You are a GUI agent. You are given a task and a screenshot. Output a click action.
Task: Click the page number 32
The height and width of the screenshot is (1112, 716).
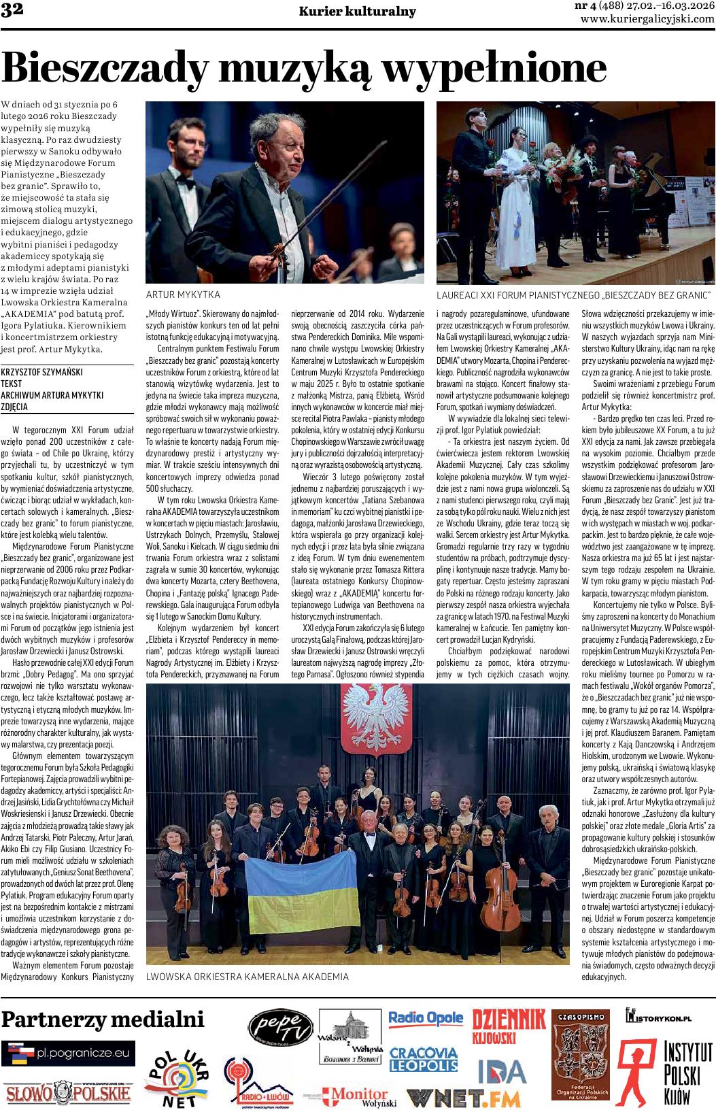(x=12, y=9)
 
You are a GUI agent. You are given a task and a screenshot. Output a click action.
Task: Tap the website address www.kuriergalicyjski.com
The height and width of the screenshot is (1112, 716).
(x=647, y=20)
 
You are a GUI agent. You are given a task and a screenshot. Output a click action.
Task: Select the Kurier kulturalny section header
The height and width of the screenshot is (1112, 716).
(x=357, y=12)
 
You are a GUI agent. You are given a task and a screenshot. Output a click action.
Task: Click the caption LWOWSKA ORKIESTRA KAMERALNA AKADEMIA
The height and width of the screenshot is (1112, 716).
(x=248, y=977)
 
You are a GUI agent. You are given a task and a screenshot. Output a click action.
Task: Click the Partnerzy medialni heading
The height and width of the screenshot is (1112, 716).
(x=103, y=1020)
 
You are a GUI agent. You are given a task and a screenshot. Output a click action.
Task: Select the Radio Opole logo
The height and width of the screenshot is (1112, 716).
(x=426, y=1018)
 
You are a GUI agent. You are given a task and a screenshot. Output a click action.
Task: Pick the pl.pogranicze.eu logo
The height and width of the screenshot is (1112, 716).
(x=68, y=1054)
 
